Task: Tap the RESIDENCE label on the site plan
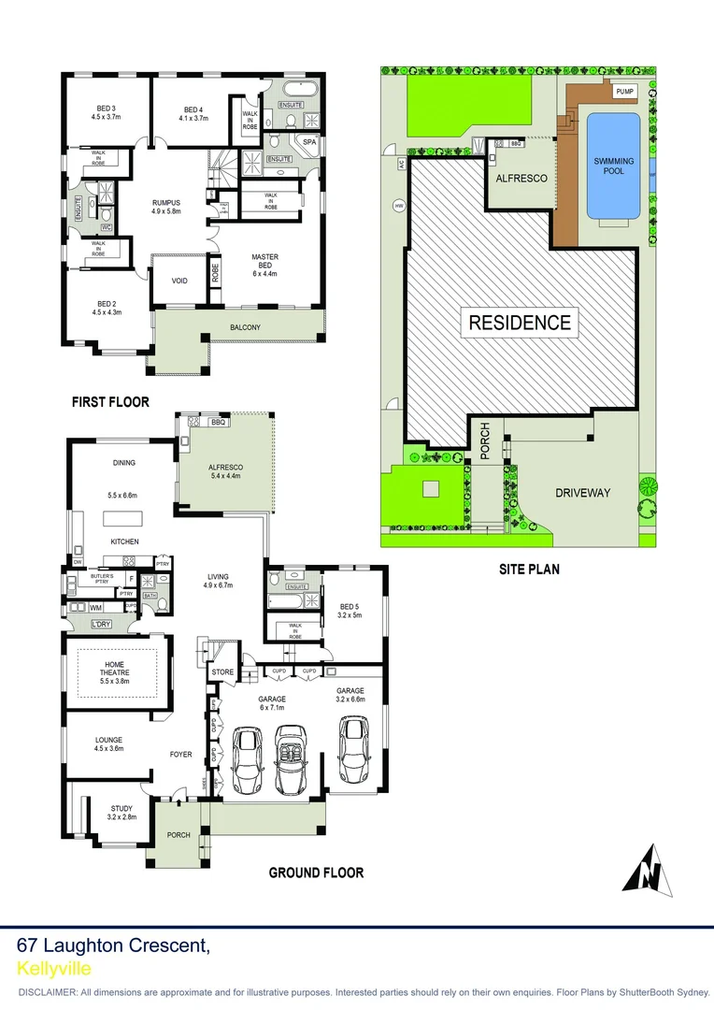point(520,323)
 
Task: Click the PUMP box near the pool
point(625,92)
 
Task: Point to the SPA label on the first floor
point(309,142)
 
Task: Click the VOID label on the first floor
point(180,281)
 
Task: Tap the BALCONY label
point(245,327)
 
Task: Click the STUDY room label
point(121,808)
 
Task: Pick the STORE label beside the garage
point(222,671)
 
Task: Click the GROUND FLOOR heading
point(316,873)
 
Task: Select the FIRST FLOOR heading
point(111,402)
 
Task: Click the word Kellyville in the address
point(54,969)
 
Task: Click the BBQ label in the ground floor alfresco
point(220,423)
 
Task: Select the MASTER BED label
point(265,265)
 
